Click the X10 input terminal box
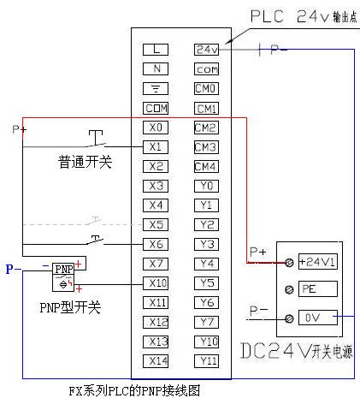(x=156, y=283)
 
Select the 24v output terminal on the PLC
(x=206, y=50)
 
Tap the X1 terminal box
(x=156, y=147)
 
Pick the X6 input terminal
(x=156, y=244)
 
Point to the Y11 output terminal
(x=206, y=361)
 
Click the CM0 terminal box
(x=206, y=88)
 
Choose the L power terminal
(x=156, y=50)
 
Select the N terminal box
(x=156, y=68)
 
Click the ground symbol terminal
(x=156, y=88)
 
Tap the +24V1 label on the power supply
(x=317, y=261)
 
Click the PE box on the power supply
(x=317, y=288)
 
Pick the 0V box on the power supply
(x=317, y=318)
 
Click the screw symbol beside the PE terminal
(x=289, y=290)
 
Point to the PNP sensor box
(x=63, y=277)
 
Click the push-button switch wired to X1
(x=96, y=139)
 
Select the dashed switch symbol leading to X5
(x=94, y=221)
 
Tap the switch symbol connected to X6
(x=95, y=241)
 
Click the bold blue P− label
(x=14, y=269)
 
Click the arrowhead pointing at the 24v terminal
(x=228, y=42)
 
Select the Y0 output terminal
(x=206, y=186)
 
